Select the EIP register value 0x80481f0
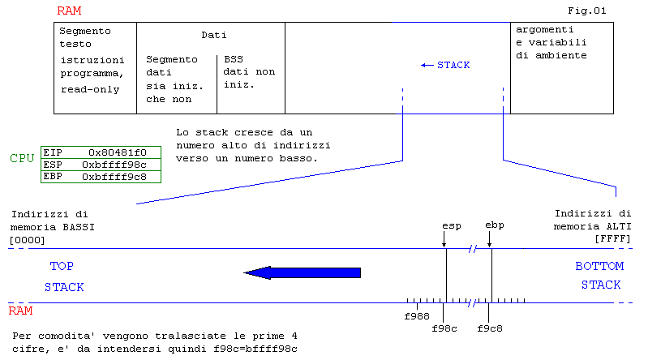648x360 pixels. pyautogui.click(x=117, y=152)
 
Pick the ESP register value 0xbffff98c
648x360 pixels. pyautogui.click(x=114, y=164)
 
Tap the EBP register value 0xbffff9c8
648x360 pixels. pyautogui.click(x=114, y=176)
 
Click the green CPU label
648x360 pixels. pyautogui.click(x=22, y=158)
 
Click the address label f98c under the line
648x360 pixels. pyautogui.click(x=444, y=329)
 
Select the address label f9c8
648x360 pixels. pyautogui.click(x=489, y=329)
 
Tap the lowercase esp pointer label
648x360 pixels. pyautogui.click(x=451, y=224)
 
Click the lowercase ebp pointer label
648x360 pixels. pyautogui.click(x=494, y=224)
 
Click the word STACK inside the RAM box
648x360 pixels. pyautogui.click(x=453, y=65)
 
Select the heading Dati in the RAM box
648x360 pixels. pyautogui.click(x=213, y=35)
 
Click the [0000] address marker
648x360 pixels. pyautogui.click(x=27, y=239)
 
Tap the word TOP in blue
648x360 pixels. pyautogui.click(x=62, y=266)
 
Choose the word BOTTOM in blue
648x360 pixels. pyautogui.click(x=599, y=266)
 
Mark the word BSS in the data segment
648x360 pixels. pyautogui.click(x=234, y=59)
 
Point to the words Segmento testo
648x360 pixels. pyautogui.click(x=84, y=36)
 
